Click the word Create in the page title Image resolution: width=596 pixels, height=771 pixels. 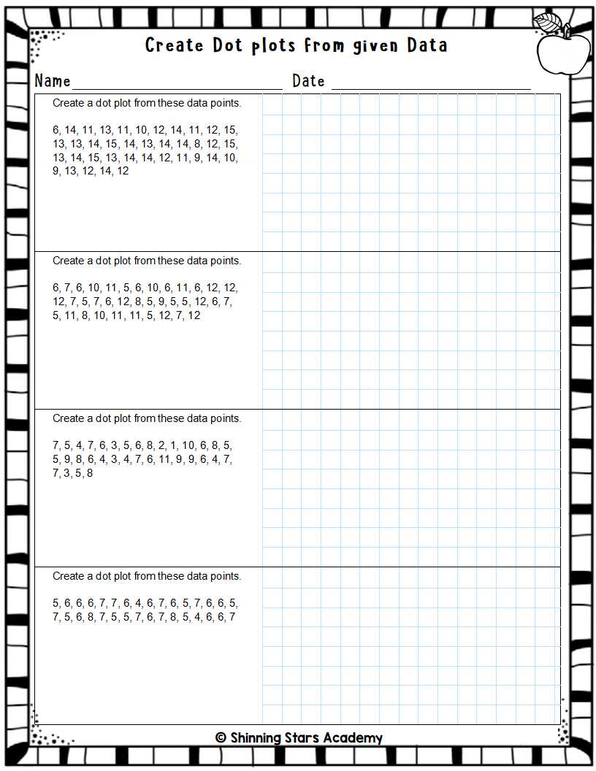coord(174,45)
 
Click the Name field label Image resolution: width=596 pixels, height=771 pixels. coord(53,81)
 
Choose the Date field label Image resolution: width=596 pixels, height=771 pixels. coord(308,81)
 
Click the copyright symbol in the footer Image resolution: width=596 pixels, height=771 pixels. coord(221,737)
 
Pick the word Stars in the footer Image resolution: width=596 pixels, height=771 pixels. coord(306,737)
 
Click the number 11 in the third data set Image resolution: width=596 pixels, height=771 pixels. coord(164,459)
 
